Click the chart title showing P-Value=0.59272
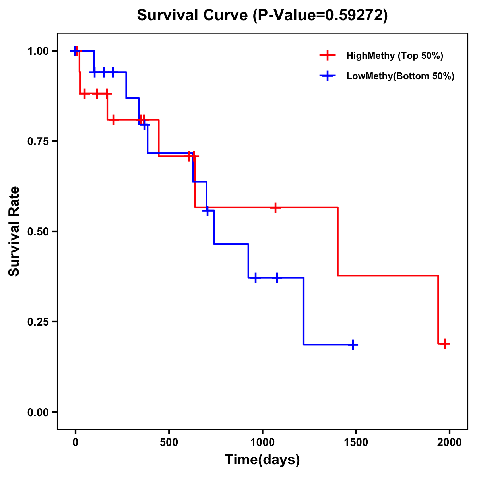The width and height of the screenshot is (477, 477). (x=262, y=15)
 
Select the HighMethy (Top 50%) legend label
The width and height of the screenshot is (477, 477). (x=395, y=56)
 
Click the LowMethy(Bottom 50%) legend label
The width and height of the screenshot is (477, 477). (x=400, y=76)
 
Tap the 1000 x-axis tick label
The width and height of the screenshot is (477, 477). (x=262, y=442)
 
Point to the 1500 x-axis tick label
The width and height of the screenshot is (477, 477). (x=356, y=442)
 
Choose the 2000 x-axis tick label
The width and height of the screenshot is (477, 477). (x=450, y=442)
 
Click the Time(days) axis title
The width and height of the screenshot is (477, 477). (x=262, y=460)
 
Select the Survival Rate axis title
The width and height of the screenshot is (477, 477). (x=14, y=231)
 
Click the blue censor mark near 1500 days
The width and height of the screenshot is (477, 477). (x=353, y=345)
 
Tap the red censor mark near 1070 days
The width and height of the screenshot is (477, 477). (x=275, y=207)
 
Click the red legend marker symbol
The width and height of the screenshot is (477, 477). (x=328, y=56)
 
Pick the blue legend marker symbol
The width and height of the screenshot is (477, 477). (x=328, y=76)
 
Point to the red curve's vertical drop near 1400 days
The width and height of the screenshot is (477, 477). (x=338, y=241)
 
